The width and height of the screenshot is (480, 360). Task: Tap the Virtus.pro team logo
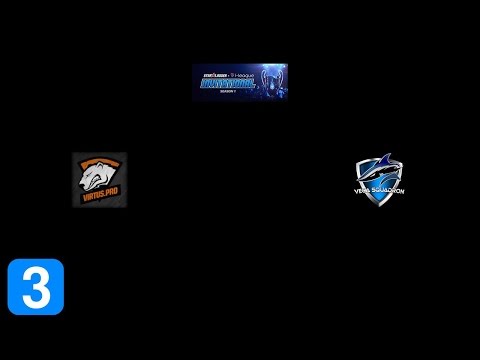pyautogui.click(x=99, y=180)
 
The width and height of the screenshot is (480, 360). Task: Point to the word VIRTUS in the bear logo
pyautogui.click(x=93, y=196)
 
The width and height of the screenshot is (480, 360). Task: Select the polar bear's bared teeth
pyautogui.click(x=93, y=182)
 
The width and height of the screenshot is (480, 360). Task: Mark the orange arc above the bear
pyautogui.click(x=99, y=160)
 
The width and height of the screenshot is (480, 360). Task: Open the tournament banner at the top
pyautogui.click(x=239, y=82)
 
